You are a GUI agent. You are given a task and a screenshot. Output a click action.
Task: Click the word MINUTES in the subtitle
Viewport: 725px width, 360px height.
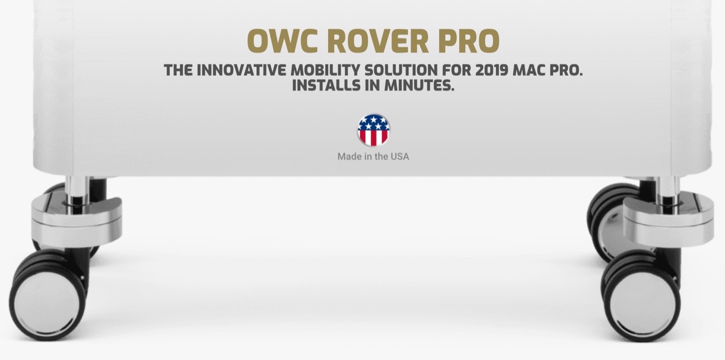coord(420,86)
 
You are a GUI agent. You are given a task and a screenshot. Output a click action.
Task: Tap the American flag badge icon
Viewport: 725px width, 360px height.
coord(373,130)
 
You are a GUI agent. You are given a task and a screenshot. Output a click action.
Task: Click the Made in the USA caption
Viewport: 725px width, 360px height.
coord(373,156)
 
